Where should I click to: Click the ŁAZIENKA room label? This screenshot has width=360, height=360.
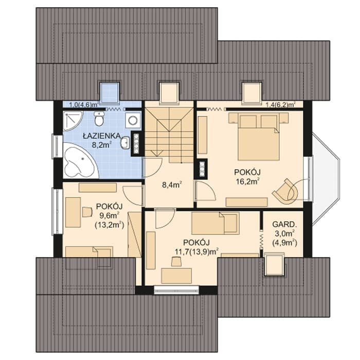pos(102,136)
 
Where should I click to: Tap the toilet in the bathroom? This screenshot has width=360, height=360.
pos(99,118)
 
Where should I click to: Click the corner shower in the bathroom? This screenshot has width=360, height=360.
pos(73,121)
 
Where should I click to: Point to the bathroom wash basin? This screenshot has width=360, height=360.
pos(125,143)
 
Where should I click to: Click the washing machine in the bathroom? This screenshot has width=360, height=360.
pos(133,120)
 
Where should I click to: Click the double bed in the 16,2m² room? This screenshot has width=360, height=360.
pos(258,136)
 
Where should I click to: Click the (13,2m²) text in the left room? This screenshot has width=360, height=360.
pos(109,225)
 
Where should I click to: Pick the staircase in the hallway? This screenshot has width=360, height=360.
pos(169,135)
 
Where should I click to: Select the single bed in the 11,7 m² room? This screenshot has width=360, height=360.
pos(215,223)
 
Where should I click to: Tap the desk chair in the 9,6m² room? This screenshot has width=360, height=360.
pos(87,211)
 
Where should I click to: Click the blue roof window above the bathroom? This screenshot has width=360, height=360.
pos(109,92)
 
